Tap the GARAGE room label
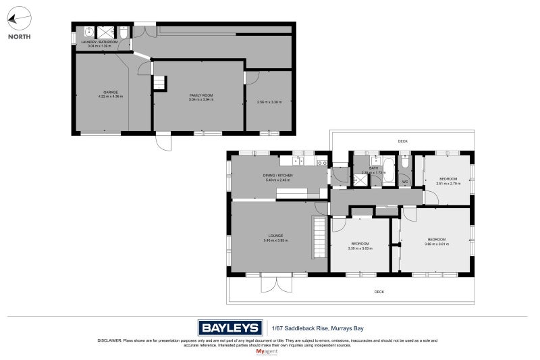pyautogui.click(x=111, y=92)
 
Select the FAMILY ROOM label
pyautogui.click(x=201, y=96)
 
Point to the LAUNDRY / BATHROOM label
pyautogui.click(x=99, y=42)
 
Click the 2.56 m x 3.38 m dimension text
pyautogui.click(x=268, y=103)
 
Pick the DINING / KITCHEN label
pyautogui.click(x=279, y=176)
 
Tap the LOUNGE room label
pyautogui.click(x=279, y=236)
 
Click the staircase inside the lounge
pyautogui.click(x=319, y=236)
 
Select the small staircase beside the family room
pyautogui.click(x=159, y=82)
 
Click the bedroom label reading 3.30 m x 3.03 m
pyautogui.click(x=360, y=246)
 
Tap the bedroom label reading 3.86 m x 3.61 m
pyautogui.click(x=436, y=242)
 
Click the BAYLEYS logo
pyautogui.click(x=230, y=328)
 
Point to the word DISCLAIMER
pyautogui.click(x=111, y=340)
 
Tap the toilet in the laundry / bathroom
pyautogui.click(x=124, y=32)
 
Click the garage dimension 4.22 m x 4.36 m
pyautogui.click(x=111, y=97)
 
